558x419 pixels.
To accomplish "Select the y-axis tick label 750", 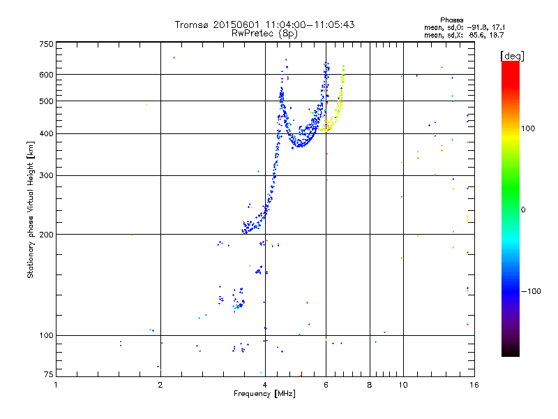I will (46, 44).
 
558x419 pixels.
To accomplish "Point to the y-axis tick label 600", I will (46, 74).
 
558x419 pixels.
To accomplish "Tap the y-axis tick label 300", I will (46, 175).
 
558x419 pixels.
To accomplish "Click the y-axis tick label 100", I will (46, 335).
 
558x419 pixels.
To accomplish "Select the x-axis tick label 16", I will (474, 385).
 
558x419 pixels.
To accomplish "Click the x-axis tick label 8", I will (370, 385).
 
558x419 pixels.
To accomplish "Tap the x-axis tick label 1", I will (56, 385).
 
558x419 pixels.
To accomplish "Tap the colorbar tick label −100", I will (530, 291).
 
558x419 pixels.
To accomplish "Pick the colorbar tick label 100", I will (528, 128).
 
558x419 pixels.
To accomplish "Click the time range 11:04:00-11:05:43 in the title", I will (305, 25).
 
